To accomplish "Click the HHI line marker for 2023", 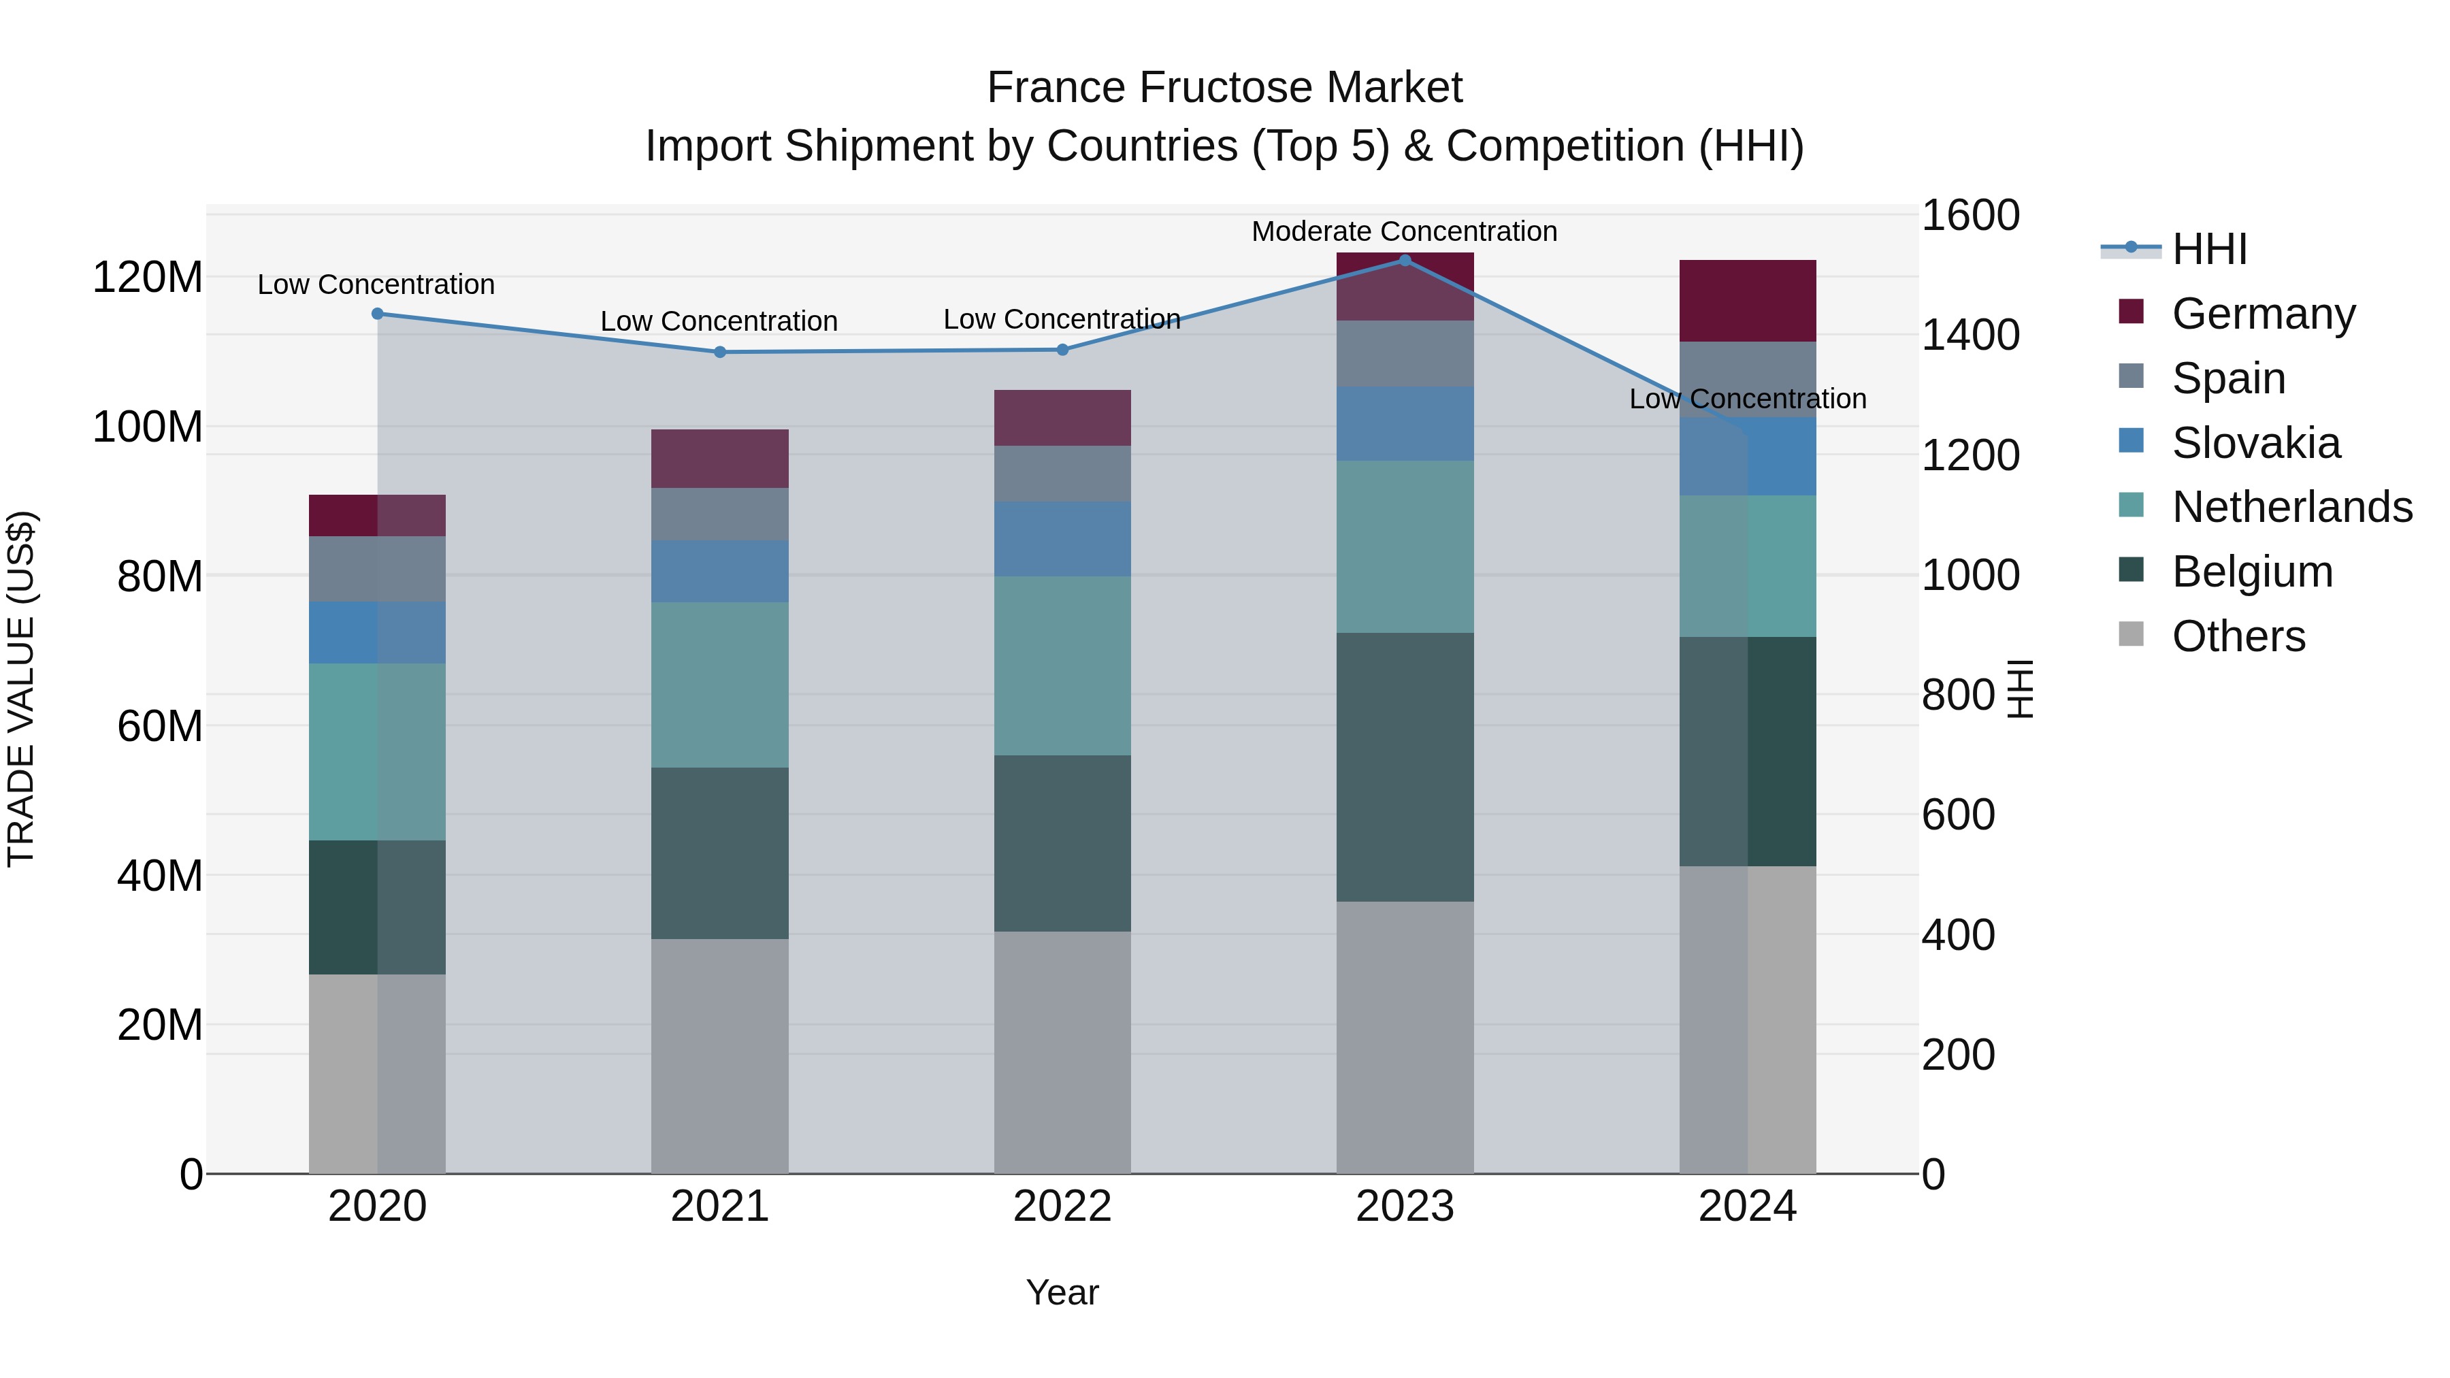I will (1405, 261).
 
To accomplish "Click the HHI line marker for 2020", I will (378, 314).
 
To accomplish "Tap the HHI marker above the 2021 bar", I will (720, 352).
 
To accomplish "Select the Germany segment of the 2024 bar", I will (1748, 301).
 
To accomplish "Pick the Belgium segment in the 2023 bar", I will (1405, 766).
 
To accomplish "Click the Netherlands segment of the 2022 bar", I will (1062, 666).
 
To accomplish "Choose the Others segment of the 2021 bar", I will (720, 1055).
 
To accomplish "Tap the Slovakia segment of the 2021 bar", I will (720, 571).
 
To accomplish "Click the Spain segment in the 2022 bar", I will (1062, 474).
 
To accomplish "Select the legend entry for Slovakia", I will (2255, 443).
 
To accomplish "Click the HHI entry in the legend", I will (2208, 249).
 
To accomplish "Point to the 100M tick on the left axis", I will (148, 427).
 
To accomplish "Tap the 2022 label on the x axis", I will (1062, 1207).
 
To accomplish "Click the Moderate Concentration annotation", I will (1404, 231).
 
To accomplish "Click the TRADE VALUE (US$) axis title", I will (21, 689).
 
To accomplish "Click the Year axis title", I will (1062, 1292).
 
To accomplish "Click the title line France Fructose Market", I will (1224, 88).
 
